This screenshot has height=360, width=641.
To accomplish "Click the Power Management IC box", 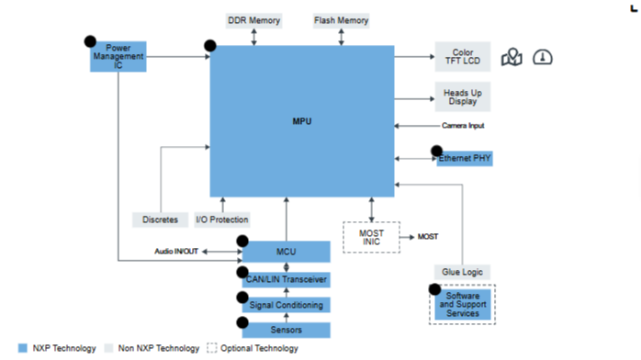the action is click(x=118, y=56).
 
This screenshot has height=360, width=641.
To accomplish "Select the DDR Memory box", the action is click(x=253, y=20).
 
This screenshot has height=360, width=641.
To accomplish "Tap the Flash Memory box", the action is click(x=341, y=20).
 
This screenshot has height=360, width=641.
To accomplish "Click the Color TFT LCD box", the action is click(x=463, y=56).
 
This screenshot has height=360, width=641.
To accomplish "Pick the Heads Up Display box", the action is click(x=463, y=96).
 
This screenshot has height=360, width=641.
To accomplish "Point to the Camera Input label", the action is click(x=463, y=126).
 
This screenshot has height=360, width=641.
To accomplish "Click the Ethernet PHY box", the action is click(x=465, y=159).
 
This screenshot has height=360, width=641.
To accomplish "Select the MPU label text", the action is click(x=302, y=121).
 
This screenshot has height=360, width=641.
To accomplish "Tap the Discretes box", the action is click(x=160, y=219).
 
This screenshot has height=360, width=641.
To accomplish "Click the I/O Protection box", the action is click(x=222, y=219).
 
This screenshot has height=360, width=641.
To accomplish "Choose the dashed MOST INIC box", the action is click(x=371, y=238).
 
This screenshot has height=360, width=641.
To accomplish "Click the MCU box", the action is click(x=287, y=252).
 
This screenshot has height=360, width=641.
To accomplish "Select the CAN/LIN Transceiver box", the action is click(x=287, y=279).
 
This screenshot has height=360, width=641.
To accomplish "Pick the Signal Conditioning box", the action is click(x=287, y=305).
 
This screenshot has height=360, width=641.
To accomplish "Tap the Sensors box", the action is click(x=287, y=331).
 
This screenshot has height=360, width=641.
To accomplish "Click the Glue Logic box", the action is click(x=462, y=272).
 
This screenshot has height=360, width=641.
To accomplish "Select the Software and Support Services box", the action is click(x=463, y=304).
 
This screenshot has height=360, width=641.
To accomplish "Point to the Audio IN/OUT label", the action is click(x=176, y=252).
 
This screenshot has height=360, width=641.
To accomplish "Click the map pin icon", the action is click(x=512, y=57).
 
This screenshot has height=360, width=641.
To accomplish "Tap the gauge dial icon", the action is click(x=543, y=57).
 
